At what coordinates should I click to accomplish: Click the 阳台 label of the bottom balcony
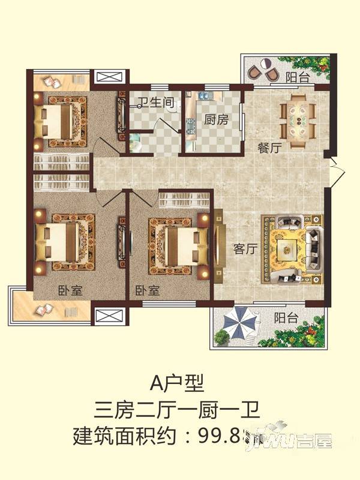[287, 319]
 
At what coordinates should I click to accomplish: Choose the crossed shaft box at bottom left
[109, 316]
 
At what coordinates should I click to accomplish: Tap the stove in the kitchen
[191, 127]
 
